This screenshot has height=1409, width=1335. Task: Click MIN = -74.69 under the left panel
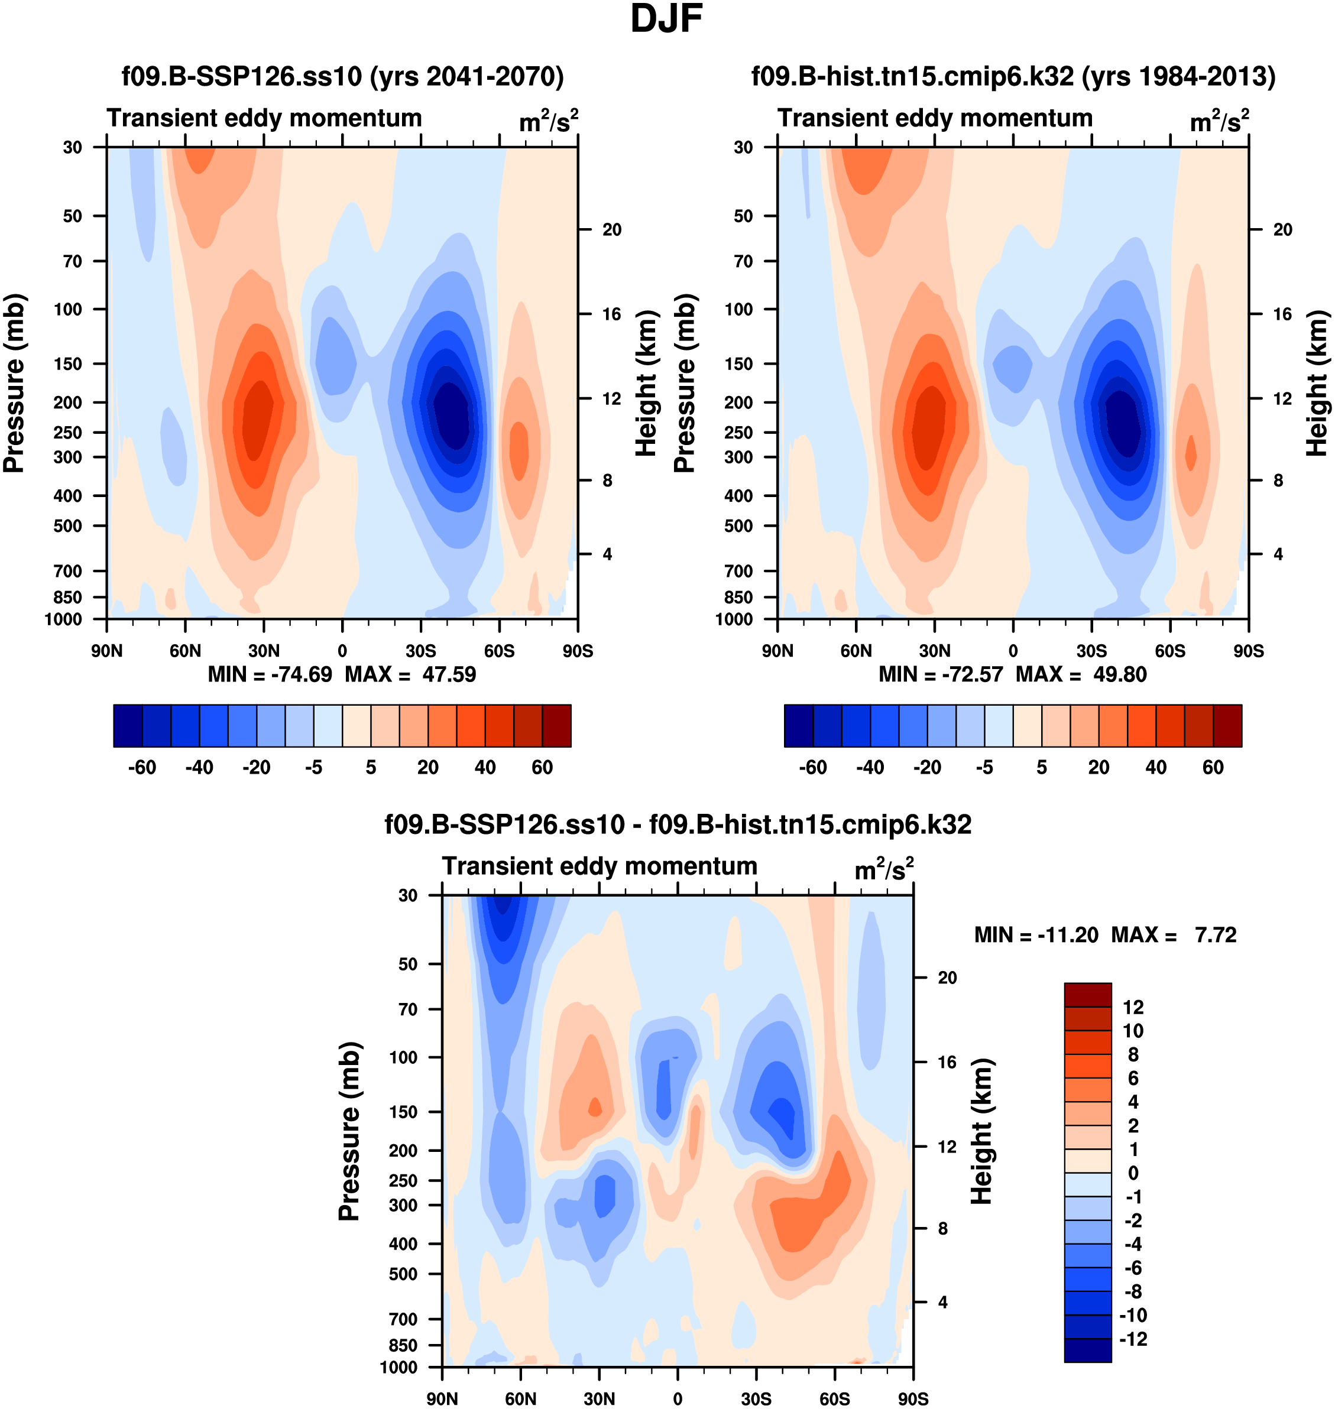pyautogui.click(x=270, y=674)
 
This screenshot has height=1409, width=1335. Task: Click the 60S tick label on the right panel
pyautogui.click(x=1170, y=651)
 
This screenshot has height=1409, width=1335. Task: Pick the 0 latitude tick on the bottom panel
pyautogui.click(x=678, y=1398)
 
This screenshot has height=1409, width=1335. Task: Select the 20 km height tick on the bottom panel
pyautogui.click(x=947, y=978)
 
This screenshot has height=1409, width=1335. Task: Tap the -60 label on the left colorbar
pyautogui.click(x=142, y=768)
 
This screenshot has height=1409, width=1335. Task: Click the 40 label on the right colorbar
pyautogui.click(x=1156, y=768)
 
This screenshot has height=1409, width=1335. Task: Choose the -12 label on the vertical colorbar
pyautogui.click(x=1133, y=1339)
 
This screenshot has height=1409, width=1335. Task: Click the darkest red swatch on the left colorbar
pyautogui.click(x=556, y=726)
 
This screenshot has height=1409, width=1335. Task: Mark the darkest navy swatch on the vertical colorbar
pyautogui.click(x=1087, y=1350)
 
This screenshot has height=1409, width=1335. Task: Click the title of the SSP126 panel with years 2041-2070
pyautogui.click(x=342, y=76)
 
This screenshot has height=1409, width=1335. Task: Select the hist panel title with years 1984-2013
pyautogui.click(x=1013, y=76)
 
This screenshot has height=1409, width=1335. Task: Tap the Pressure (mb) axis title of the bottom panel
pyautogui.click(x=349, y=1131)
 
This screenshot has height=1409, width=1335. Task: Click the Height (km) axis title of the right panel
pyautogui.click(x=1317, y=382)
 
